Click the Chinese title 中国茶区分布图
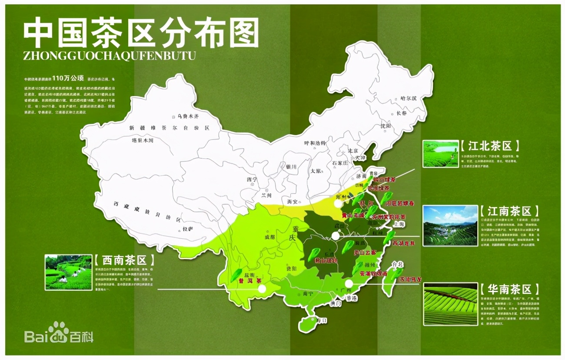(141, 33)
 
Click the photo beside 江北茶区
(440, 153)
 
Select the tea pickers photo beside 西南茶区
(68, 272)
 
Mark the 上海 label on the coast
(398, 224)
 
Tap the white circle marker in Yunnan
(261, 288)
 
